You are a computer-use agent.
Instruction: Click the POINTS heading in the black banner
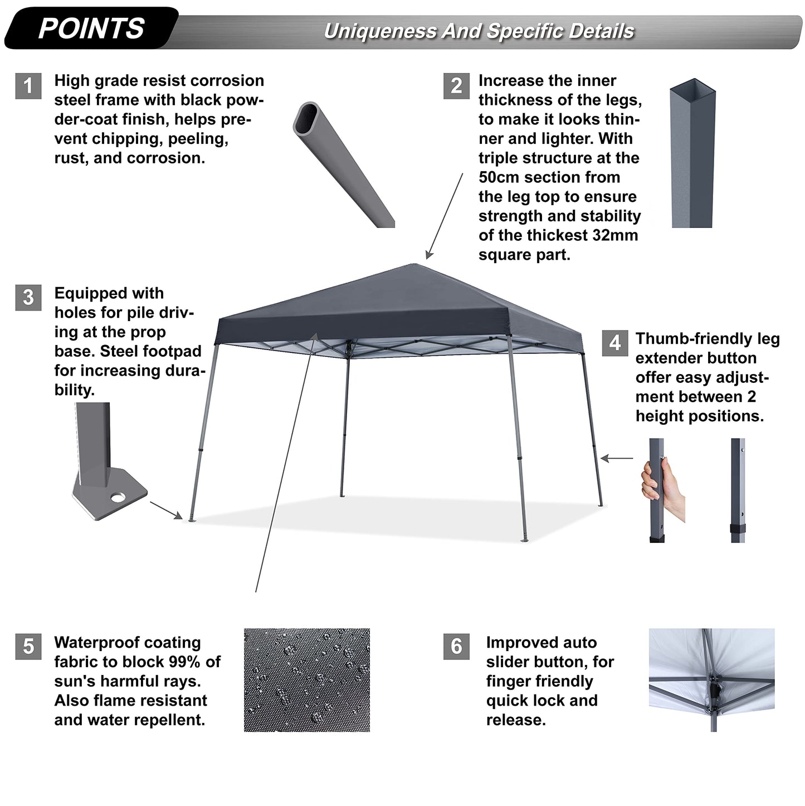click(x=91, y=28)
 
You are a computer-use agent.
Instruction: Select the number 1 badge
click(x=28, y=86)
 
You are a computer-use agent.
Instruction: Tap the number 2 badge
click(x=456, y=86)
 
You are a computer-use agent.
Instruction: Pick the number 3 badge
click(x=28, y=298)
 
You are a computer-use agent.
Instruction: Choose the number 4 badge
click(x=614, y=343)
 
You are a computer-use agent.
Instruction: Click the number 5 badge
click(x=28, y=646)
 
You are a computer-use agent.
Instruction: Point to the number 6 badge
click(x=456, y=646)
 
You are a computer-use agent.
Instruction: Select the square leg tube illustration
click(x=692, y=153)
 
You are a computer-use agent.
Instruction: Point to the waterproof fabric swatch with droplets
click(x=307, y=680)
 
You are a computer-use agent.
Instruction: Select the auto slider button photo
click(x=712, y=680)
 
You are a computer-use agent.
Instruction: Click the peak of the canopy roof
click(x=414, y=264)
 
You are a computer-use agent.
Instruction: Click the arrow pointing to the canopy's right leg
click(x=617, y=458)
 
